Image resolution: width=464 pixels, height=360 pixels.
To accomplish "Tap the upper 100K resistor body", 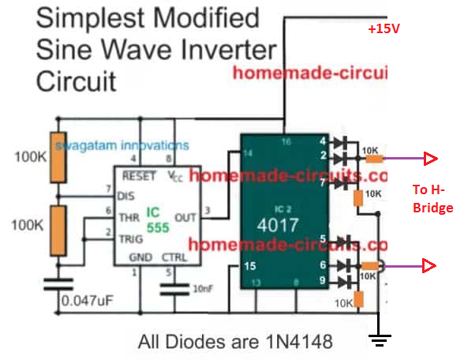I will tap(57, 156).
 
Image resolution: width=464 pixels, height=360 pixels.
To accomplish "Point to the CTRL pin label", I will tap(175, 257).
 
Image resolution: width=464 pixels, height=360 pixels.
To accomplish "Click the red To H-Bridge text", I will tap(433, 200).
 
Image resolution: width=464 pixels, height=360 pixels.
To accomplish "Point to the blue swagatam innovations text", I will tap(134, 145).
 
